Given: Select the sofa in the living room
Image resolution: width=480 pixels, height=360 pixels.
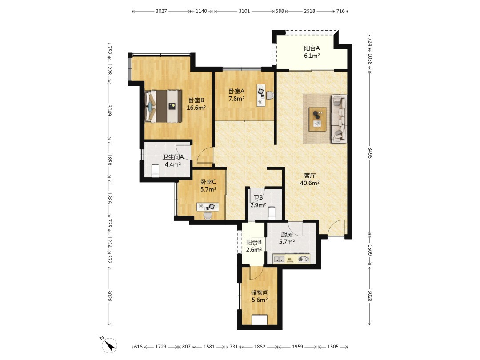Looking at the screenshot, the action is coord(339,119).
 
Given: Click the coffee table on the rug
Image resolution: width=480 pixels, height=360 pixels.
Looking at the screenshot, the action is coord(317,119).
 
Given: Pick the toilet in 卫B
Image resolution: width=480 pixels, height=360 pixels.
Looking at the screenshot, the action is coord(272,213).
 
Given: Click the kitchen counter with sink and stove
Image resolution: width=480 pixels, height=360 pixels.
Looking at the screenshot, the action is coord(289,259).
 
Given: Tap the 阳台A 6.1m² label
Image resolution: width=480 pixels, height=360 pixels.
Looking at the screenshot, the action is coord(312,52).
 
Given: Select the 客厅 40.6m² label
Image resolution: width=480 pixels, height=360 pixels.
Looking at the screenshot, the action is coord(310,180).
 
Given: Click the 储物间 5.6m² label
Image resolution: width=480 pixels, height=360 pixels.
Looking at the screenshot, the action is coord(260,296).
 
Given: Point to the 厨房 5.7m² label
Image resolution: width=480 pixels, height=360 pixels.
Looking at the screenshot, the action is coord(287,238).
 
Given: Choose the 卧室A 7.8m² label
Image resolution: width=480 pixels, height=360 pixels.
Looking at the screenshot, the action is coord(236,95).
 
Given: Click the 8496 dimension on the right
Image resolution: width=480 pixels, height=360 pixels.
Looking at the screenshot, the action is coord(370,153).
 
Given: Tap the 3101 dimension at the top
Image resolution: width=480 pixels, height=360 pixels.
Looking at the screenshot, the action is coord(244,11).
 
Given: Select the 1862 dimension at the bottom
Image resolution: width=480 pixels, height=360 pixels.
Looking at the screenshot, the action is coord(260,347).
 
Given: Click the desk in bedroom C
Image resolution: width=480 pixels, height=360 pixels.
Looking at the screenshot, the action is coord(208,207).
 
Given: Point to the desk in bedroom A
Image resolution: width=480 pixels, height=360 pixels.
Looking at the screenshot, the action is coord(261,95).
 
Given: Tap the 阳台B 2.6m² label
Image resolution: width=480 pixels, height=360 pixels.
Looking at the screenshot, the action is coord(254,246).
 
